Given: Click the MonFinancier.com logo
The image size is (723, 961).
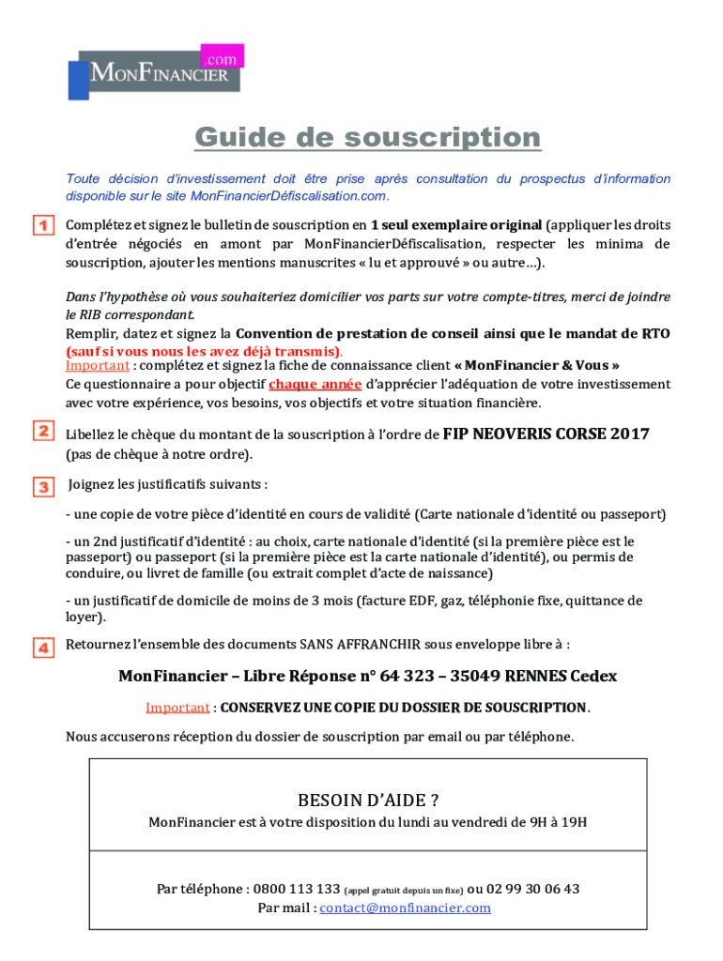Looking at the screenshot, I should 155,70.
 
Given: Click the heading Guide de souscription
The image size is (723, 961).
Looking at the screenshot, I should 367,138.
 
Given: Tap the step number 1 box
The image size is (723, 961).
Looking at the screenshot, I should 43,226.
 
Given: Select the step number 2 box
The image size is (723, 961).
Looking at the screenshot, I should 43,432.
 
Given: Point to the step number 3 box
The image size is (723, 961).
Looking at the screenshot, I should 43,486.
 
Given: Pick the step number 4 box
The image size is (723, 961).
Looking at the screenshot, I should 43,647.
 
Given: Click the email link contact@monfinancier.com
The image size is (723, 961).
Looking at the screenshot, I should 405,908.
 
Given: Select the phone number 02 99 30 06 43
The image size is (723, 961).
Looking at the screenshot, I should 533,889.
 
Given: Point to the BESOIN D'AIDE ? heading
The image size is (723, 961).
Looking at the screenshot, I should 367,801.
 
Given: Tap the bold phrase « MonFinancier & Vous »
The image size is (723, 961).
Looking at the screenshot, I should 537,365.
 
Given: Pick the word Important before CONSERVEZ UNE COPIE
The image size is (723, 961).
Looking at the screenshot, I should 177,707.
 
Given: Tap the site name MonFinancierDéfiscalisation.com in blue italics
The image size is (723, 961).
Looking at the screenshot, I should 288,196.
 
